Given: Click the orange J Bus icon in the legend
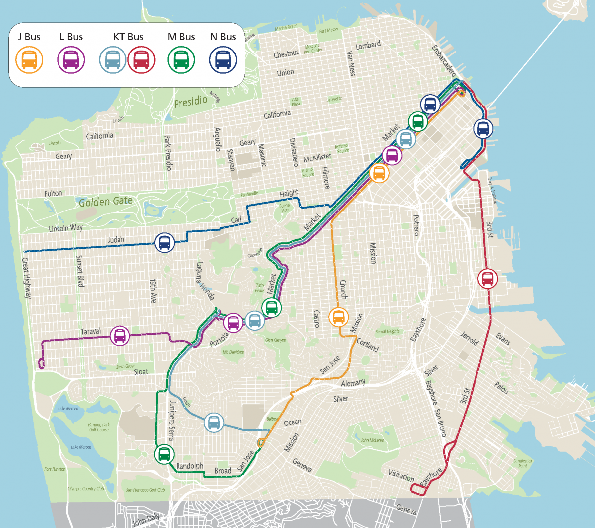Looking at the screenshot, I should (x=29, y=60).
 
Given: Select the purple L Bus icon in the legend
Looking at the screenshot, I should (x=71, y=60).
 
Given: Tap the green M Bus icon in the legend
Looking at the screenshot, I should (x=181, y=60).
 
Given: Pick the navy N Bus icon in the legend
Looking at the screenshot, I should (x=223, y=60).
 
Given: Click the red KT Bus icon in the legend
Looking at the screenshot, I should (x=141, y=60).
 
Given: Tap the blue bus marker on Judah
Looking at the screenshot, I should (x=164, y=243).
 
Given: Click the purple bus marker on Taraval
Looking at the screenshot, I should (x=119, y=336).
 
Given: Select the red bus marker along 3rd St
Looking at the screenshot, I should (x=487, y=278).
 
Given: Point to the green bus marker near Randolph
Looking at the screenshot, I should (x=164, y=453).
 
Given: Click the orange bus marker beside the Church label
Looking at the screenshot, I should (x=339, y=317).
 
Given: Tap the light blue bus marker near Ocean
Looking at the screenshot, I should (x=214, y=422).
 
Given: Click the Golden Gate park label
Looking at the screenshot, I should (x=106, y=201).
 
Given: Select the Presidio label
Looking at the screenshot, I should (x=190, y=102).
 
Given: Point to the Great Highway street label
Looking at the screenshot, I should (x=26, y=277).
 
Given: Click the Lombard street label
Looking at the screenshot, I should (x=368, y=45).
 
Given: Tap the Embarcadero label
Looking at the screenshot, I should (x=443, y=61).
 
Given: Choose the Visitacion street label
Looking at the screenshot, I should (x=401, y=476).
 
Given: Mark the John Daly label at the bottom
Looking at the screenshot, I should (x=146, y=520).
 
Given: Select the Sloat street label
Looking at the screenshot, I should (x=141, y=371).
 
